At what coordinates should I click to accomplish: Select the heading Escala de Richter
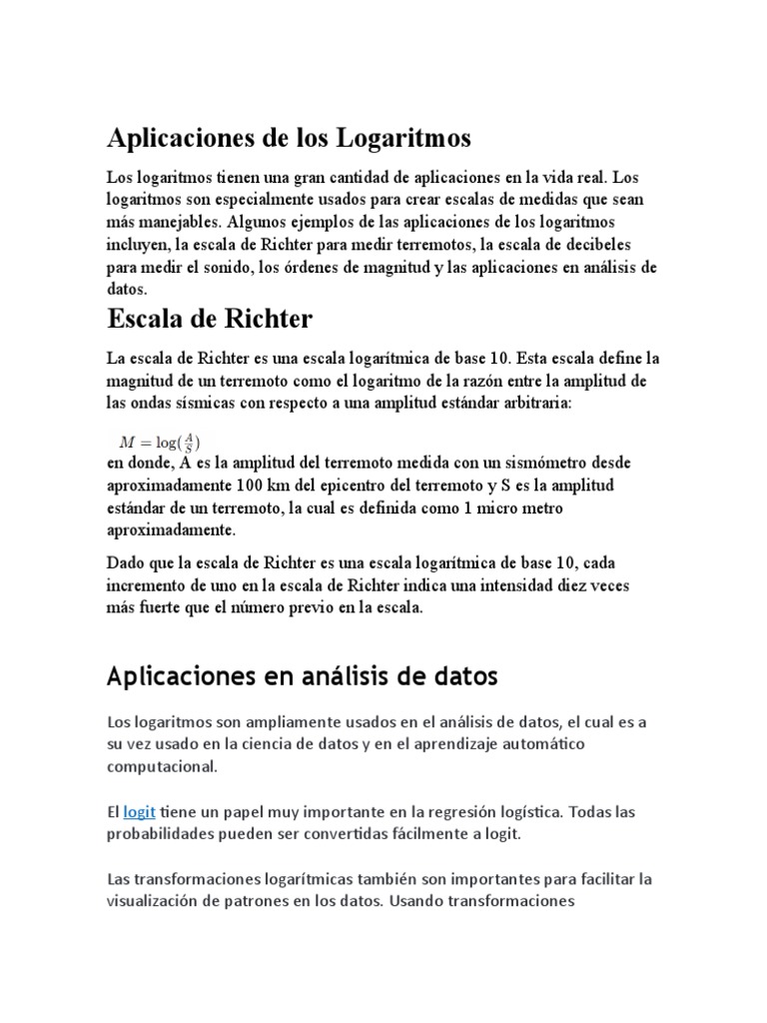click(x=210, y=320)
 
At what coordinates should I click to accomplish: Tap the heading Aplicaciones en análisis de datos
click(x=302, y=676)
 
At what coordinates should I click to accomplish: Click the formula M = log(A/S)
click(x=161, y=442)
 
